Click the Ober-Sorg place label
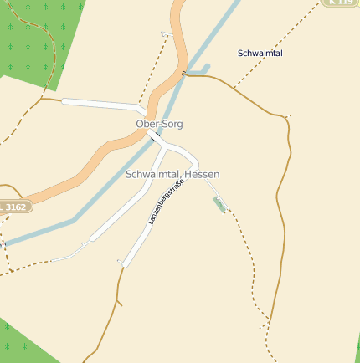159,124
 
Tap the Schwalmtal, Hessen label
172,174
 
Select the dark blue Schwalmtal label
260,54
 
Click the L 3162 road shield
14,206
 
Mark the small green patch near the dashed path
219,204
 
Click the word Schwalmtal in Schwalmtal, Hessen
152,174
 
